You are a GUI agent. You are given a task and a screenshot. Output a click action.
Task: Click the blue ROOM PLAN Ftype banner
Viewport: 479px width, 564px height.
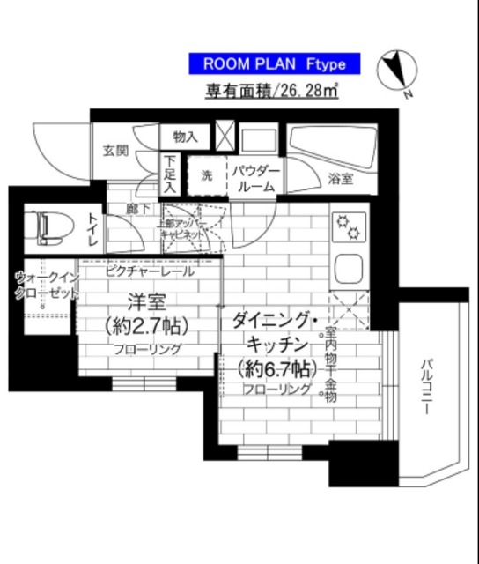pyautogui.click(x=274, y=63)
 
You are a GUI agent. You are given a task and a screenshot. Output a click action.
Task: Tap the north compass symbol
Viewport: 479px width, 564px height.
pyautogui.click(x=394, y=72)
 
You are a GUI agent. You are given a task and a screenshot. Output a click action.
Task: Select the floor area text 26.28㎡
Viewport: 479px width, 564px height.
pyautogui.click(x=274, y=90)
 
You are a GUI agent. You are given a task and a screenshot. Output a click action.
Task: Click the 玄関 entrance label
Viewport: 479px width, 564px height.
pyautogui.click(x=110, y=149)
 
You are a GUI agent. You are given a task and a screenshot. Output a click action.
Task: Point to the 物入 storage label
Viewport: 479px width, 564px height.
pyautogui.click(x=184, y=137)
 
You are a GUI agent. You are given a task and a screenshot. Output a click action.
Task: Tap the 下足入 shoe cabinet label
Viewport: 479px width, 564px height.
pyautogui.click(x=170, y=174)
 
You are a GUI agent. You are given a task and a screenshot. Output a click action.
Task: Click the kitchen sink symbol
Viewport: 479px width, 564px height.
pyautogui.click(x=347, y=268)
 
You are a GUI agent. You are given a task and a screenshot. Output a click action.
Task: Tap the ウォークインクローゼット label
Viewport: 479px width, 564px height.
pyautogui.click(x=44, y=286)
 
